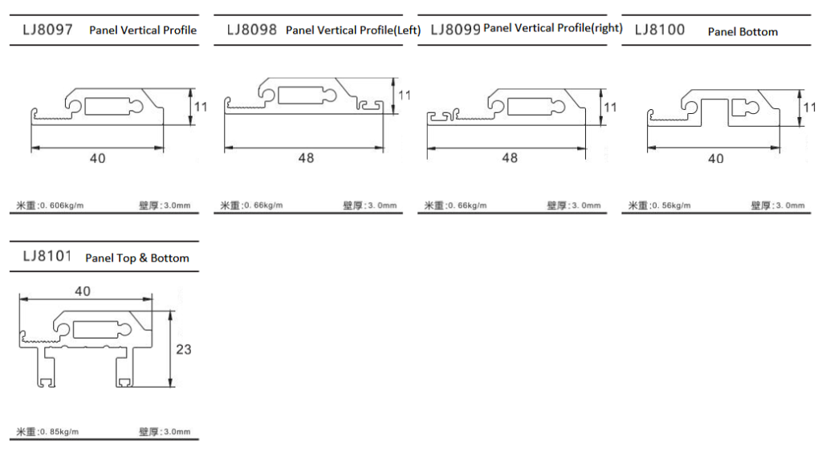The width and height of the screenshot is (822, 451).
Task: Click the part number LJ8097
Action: click(47, 30)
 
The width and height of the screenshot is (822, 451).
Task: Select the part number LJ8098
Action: click(251, 30)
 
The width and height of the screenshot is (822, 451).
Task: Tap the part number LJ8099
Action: click(456, 30)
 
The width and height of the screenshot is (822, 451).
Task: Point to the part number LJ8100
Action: click(660, 30)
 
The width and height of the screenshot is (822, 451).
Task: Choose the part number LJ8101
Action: click(47, 256)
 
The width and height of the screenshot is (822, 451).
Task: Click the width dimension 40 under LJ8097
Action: click(97, 158)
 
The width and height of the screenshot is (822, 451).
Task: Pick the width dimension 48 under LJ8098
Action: click(306, 158)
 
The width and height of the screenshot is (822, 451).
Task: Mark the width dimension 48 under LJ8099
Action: click(510, 157)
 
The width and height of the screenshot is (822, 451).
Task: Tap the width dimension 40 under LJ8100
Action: click(715, 159)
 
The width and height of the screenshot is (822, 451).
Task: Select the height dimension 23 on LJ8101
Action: click(184, 349)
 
